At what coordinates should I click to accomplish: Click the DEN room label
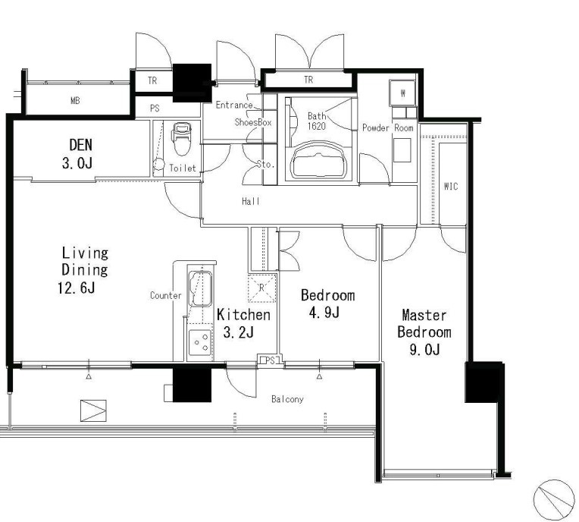click(x=80, y=145)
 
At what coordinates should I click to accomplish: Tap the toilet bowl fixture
click(x=181, y=139)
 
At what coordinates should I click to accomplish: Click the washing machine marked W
click(x=402, y=93)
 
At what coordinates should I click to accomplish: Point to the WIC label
click(x=451, y=187)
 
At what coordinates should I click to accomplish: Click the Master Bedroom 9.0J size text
click(x=424, y=349)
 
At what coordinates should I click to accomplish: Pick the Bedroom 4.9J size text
click(x=324, y=313)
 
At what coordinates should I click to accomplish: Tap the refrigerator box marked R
click(x=261, y=288)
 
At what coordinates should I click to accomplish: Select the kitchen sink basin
click(x=201, y=289)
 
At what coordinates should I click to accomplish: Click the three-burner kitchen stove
click(x=200, y=342)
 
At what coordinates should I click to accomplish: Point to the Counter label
click(x=166, y=295)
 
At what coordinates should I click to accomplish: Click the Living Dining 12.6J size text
click(x=76, y=288)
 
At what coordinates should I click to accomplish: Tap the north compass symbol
click(x=554, y=500)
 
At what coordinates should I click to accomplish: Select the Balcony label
click(x=287, y=399)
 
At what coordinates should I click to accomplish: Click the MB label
click(x=75, y=101)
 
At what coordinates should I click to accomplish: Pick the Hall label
click(x=251, y=202)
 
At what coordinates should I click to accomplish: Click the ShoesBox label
click(x=253, y=122)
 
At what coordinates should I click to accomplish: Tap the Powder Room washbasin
click(x=402, y=150)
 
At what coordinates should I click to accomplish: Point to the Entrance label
click(x=234, y=105)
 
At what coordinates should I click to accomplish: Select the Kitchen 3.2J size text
click(x=239, y=333)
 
